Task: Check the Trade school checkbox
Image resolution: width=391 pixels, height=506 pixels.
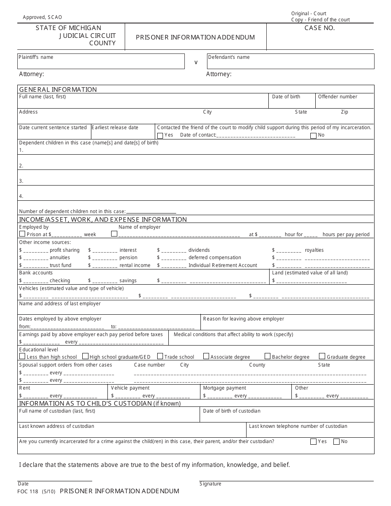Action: (x=161, y=356)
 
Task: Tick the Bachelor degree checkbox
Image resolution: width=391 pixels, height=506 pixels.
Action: (x=268, y=356)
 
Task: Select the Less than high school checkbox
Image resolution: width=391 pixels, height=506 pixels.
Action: (x=22, y=356)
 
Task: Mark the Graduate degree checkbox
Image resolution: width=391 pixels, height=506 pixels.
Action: (x=322, y=356)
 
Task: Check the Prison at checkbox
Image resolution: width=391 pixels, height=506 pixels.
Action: (x=22, y=234)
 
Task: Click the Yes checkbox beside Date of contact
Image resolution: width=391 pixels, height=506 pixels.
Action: (x=160, y=135)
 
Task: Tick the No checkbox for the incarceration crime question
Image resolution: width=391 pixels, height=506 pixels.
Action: (x=336, y=441)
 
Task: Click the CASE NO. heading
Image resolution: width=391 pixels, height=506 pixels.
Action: (x=319, y=28)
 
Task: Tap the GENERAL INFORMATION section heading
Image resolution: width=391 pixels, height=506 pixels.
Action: (x=58, y=89)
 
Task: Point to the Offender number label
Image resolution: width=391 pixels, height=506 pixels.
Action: (x=337, y=97)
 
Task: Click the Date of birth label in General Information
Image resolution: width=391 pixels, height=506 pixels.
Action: (x=286, y=97)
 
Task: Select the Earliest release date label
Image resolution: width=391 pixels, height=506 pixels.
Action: (x=115, y=128)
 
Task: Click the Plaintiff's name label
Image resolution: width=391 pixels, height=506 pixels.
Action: (x=36, y=57)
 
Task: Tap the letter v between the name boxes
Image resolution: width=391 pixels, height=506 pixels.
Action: (x=196, y=62)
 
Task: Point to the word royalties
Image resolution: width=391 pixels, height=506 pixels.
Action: (x=314, y=250)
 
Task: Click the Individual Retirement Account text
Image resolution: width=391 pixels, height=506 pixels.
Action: (x=223, y=265)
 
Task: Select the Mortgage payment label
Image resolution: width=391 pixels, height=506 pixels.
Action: (x=224, y=388)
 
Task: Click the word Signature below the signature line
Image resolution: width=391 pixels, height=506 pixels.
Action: (x=210, y=484)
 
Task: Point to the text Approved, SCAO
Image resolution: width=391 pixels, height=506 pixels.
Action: (x=42, y=17)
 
